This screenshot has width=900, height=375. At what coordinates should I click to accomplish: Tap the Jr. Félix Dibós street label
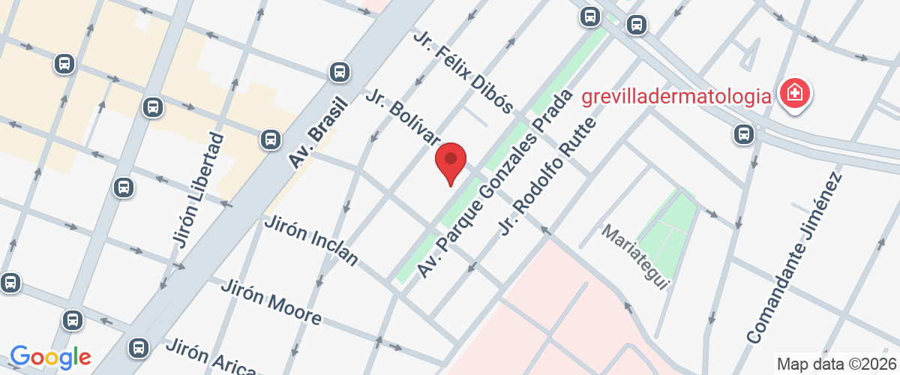coord(462,71)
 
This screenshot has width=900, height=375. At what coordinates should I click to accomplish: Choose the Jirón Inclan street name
coord(311,240)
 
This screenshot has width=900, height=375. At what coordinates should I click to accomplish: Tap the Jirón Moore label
coord(272,301)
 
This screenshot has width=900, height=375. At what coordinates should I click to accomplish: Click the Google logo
coord(50,357)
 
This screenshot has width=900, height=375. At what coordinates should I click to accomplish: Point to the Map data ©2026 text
coord(835,364)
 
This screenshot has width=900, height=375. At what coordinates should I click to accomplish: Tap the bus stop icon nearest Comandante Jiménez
coord(743,134)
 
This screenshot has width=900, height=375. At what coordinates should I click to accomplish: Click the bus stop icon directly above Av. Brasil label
coord(340,72)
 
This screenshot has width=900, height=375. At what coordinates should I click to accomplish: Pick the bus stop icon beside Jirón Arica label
coord(138,347)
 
